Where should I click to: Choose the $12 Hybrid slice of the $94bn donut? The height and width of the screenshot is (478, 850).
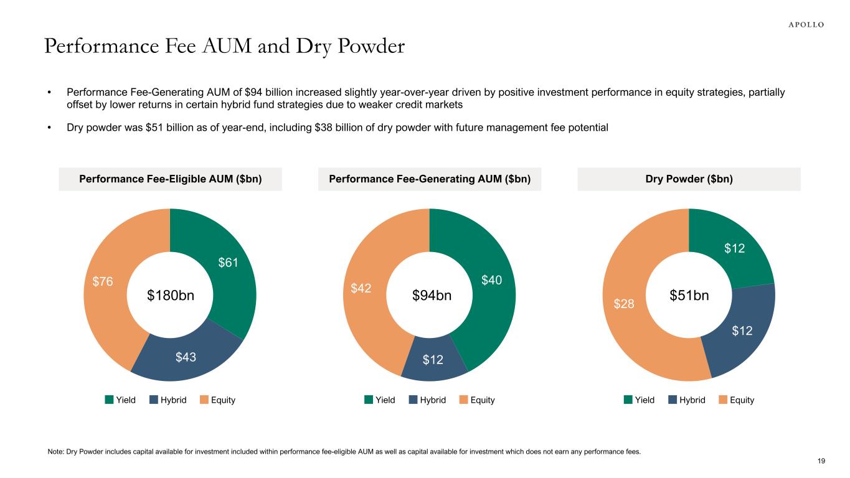434,359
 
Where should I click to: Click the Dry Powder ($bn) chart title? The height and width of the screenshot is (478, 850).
689,179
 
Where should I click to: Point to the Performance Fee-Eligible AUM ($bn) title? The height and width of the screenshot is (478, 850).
170,179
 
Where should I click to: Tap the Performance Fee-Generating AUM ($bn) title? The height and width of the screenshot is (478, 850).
430,179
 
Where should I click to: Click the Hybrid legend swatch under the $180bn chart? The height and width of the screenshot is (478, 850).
154,400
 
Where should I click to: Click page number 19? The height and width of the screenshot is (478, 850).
821,461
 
